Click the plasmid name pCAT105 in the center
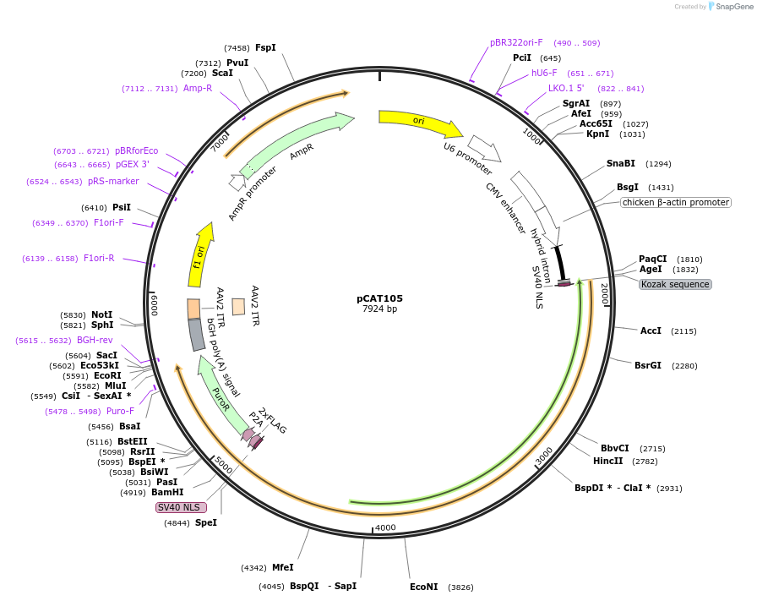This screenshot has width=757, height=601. click(379, 298)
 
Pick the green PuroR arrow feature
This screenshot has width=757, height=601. click(217, 390)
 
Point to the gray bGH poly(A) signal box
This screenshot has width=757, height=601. click(197, 335)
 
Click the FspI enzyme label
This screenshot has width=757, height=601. click(265, 48)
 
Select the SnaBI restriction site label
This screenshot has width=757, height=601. click(620, 163)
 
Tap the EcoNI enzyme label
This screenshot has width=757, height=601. click(424, 587)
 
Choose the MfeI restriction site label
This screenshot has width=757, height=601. click(282, 568)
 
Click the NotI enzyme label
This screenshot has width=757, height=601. click(101, 314)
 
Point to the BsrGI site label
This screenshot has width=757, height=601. click(648, 365)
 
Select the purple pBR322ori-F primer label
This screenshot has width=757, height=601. click(516, 42)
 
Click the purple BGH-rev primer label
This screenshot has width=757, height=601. click(94, 341)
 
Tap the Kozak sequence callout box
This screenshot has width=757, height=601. click(675, 284)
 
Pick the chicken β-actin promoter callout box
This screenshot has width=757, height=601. click(675, 202)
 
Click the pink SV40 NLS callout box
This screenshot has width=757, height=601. click(180, 507)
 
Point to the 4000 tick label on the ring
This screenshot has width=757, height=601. click(385, 527)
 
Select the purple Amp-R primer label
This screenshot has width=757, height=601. click(198, 88)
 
